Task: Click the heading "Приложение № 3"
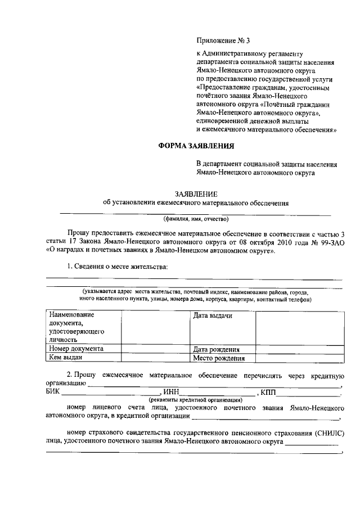tap(222, 40)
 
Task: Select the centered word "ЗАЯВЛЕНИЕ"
tap(195, 194)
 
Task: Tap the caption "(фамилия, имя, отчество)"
tap(196, 219)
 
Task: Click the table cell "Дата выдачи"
tap(213, 316)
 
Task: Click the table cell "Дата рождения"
tap(217, 349)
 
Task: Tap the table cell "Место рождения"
tap(219, 358)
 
